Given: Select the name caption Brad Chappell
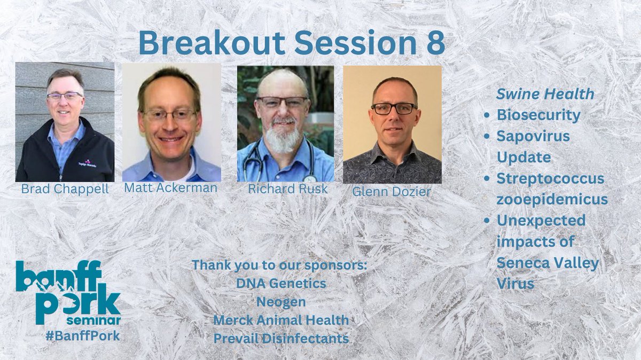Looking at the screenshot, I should pyautogui.click(x=64, y=189).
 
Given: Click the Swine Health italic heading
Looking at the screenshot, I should pyautogui.click(x=545, y=94).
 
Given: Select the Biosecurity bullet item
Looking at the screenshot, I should pyautogui.click(x=538, y=115).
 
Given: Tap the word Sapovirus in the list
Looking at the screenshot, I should pyautogui.click(x=533, y=136).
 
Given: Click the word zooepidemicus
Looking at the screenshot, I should pyautogui.click(x=552, y=199).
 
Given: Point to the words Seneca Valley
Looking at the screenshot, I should pyautogui.click(x=548, y=262).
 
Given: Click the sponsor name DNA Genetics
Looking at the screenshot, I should pyautogui.click(x=281, y=284).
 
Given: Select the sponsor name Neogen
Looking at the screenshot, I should pyautogui.click(x=281, y=302).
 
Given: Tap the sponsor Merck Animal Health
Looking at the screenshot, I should pyautogui.click(x=281, y=320).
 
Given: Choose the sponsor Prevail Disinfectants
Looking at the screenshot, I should pyautogui.click(x=281, y=338).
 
